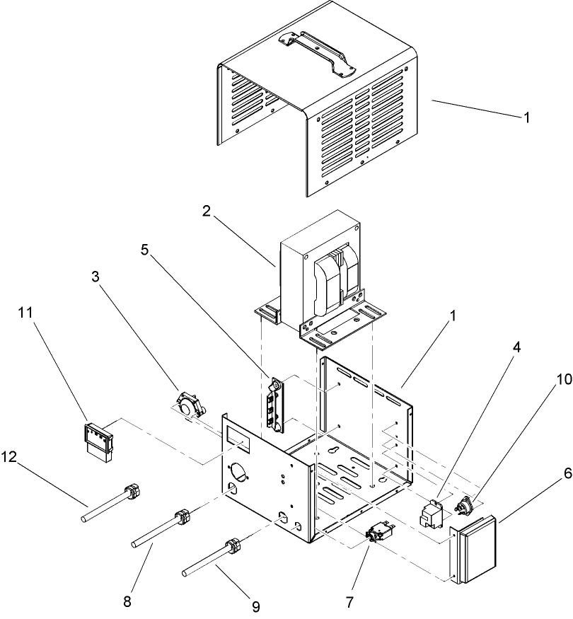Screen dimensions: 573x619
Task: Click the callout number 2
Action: tap(207, 212)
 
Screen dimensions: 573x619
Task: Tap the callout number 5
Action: tap(145, 250)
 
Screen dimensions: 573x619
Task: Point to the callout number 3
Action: tap(95, 277)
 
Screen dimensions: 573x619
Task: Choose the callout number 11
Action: tap(25, 313)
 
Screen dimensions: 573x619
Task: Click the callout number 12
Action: tap(8, 457)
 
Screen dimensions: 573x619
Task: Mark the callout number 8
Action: tap(127, 601)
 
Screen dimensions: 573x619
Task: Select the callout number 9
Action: tap(255, 606)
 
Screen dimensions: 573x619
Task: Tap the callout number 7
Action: tap(349, 603)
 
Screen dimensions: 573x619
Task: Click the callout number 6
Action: tap(567, 473)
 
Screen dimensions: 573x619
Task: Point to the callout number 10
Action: tap(565, 379)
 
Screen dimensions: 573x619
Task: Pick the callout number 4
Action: tap(516, 347)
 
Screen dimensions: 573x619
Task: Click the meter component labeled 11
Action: tap(98, 443)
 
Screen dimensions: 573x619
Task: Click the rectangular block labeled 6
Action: tap(473, 548)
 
